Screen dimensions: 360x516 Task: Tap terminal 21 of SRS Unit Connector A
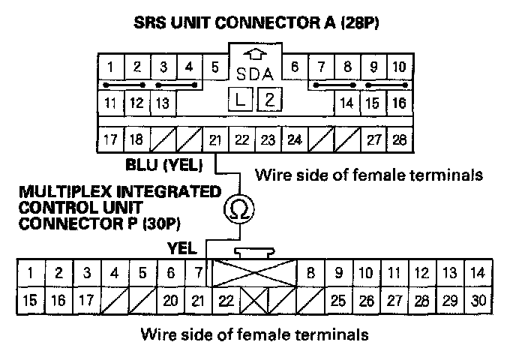215,139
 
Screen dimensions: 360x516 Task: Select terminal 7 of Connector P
198,274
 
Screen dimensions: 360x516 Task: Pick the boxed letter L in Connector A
241,100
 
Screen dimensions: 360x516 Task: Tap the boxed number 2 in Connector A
268,100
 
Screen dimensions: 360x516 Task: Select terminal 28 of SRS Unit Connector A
398,139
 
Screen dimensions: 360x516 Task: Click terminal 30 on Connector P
479,301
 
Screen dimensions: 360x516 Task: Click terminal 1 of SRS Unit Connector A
110,67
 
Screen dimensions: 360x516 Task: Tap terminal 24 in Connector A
295,139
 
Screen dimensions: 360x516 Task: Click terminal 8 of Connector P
310,274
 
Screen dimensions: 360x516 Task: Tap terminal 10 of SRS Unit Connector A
398,67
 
